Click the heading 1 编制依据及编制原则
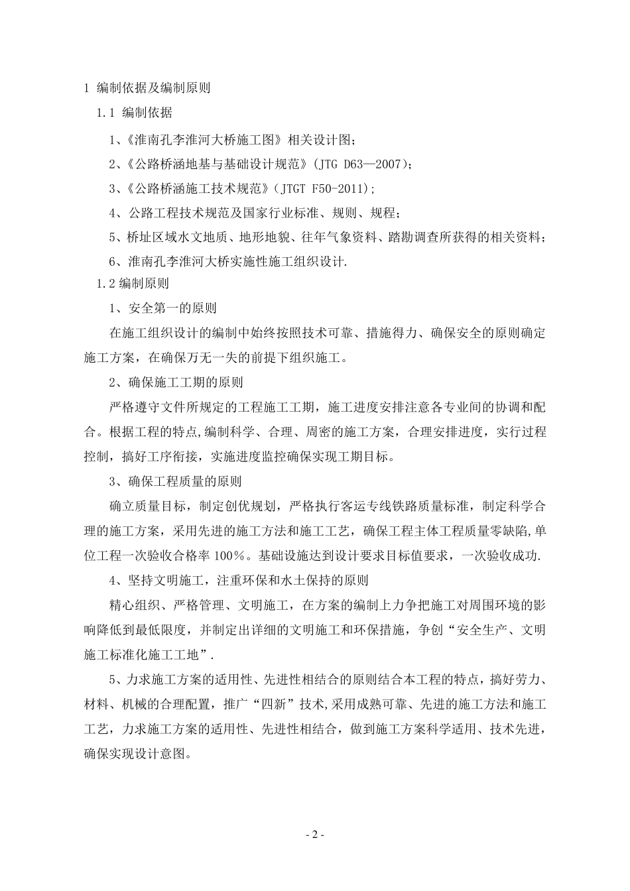point(146,88)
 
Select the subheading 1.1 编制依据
point(135,113)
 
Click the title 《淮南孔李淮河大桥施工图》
point(203,139)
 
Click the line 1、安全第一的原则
point(162,308)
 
